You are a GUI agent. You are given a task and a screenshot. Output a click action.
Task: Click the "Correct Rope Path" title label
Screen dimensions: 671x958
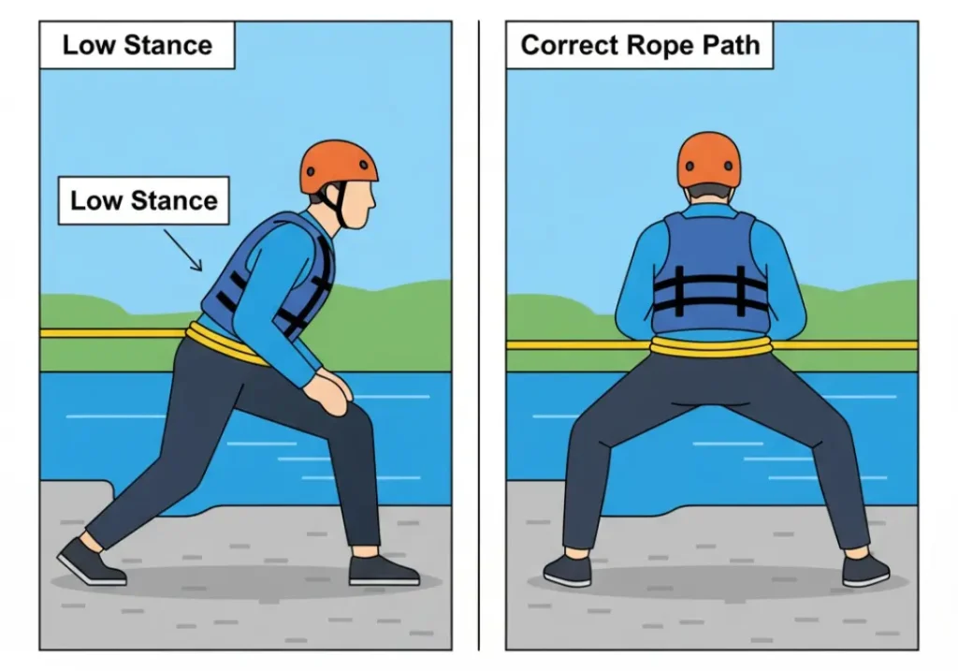click(x=640, y=45)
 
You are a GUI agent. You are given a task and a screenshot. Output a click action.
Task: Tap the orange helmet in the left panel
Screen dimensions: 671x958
click(x=338, y=166)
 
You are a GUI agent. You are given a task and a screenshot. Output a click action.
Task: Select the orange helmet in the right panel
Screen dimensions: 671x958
click(x=708, y=159)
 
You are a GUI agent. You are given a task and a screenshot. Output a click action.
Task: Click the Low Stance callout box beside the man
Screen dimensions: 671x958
click(x=143, y=201)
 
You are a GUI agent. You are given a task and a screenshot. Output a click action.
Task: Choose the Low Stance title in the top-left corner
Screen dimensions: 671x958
click(x=137, y=45)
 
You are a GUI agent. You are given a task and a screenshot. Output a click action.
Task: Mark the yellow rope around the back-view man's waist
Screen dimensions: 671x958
click(x=711, y=346)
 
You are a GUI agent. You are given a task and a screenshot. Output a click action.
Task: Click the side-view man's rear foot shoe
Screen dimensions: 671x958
click(x=90, y=562)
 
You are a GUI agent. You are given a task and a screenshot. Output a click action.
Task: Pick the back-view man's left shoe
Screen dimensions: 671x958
click(x=567, y=568)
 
